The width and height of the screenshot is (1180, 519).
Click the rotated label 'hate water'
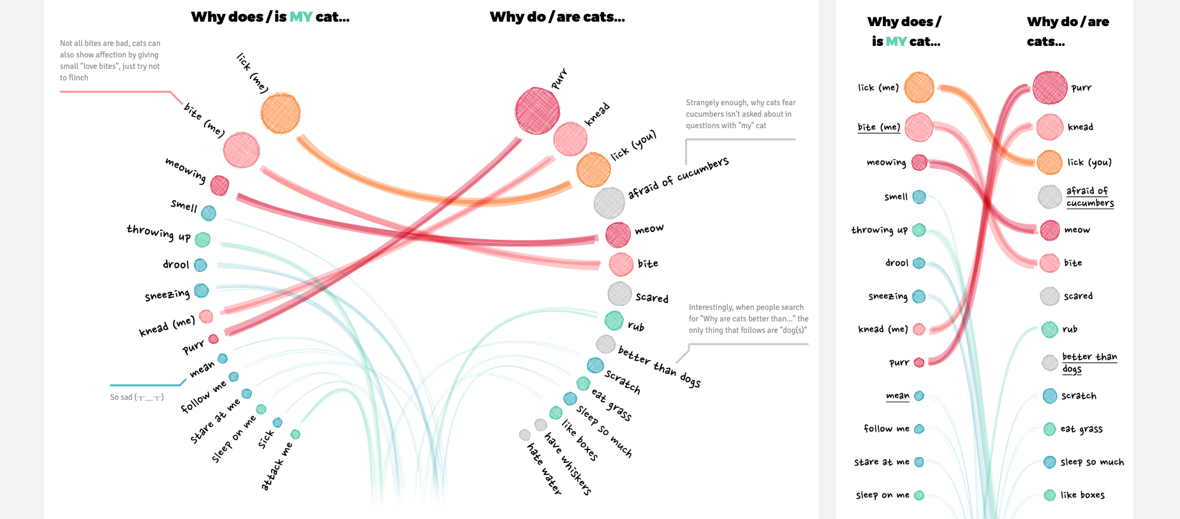(544, 469)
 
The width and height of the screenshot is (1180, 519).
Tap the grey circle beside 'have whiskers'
(541, 425)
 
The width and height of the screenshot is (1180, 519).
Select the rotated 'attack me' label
(277, 467)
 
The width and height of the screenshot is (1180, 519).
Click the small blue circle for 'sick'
(277, 423)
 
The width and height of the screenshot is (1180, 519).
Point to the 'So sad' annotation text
(136, 397)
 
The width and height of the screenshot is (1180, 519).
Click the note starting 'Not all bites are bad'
(110, 61)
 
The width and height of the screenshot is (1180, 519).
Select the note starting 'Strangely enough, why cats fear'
(741, 114)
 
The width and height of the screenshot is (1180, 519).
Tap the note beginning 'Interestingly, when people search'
(748, 319)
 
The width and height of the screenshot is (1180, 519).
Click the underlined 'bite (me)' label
(878, 127)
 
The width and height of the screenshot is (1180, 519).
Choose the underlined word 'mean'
(897, 396)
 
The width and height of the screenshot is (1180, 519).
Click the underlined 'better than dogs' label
(1089, 363)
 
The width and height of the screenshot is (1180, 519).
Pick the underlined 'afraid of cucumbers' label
(1089, 196)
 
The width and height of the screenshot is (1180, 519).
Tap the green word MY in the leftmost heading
(301, 17)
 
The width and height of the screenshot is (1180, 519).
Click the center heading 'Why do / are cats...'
(557, 17)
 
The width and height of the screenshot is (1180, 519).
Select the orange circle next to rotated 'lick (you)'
(594, 170)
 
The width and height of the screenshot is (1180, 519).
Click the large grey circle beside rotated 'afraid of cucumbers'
(609, 203)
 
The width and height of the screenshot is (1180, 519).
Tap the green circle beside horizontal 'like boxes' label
(1050, 495)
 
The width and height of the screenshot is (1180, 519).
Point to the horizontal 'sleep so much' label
(1092, 462)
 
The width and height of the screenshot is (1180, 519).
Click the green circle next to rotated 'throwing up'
(202, 240)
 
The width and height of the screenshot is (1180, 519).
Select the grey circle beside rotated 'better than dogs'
(605, 344)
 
